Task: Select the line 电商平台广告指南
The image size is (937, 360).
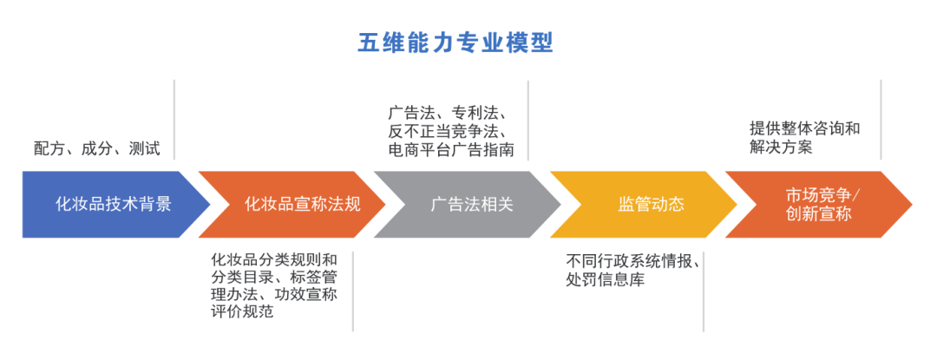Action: click(x=451, y=150)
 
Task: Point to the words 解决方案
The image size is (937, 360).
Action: click(x=781, y=147)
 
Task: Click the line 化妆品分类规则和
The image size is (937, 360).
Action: click(x=273, y=259)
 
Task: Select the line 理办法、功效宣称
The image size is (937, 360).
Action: click(x=273, y=294)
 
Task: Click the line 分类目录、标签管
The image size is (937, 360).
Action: click(x=273, y=277)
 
